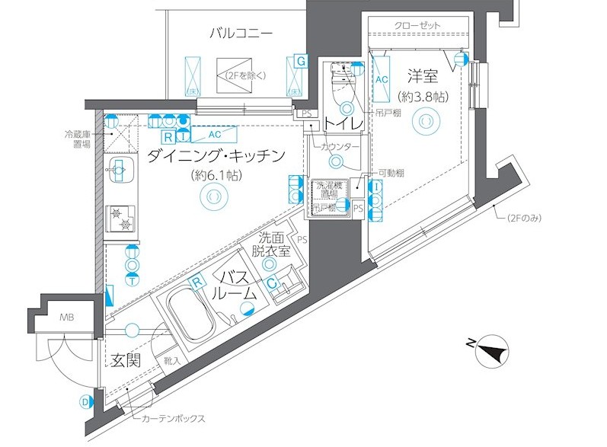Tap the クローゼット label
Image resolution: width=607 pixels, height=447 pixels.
[417, 26]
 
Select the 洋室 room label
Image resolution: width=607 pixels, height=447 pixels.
[423, 76]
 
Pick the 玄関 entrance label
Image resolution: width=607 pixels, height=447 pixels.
[124, 360]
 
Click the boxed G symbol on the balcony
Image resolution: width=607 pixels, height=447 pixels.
[301, 60]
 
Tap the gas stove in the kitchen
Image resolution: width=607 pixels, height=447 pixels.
[119, 219]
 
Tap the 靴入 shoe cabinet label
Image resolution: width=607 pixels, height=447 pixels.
[171, 362]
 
